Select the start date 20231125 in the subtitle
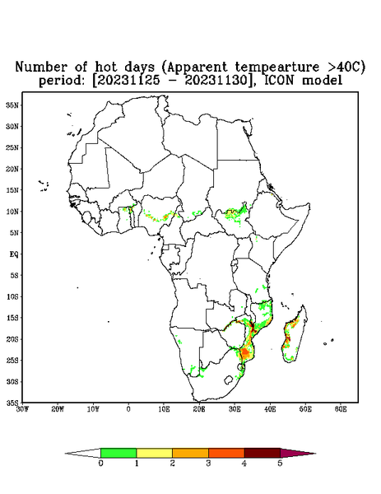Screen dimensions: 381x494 [x=128, y=81]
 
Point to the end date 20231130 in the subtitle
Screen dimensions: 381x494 [x=216, y=81]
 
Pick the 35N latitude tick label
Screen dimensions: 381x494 [x=12, y=105]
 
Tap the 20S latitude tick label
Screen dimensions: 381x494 [x=12, y=339]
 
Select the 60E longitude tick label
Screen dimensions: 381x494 [x=341, y=409]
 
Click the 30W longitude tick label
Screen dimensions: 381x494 [x=22, y=409]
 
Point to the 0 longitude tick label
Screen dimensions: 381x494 [x=128, y=409]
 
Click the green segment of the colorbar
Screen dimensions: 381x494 [x=118, y=453]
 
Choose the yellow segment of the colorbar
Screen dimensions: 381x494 [x=154, y=453]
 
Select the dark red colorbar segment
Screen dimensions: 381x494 [x=263, y=453]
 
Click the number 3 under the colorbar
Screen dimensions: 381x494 [x=208, y=464]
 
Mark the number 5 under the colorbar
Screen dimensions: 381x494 [x=280, y=464]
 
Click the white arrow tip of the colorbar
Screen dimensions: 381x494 [x=83, y=453]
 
